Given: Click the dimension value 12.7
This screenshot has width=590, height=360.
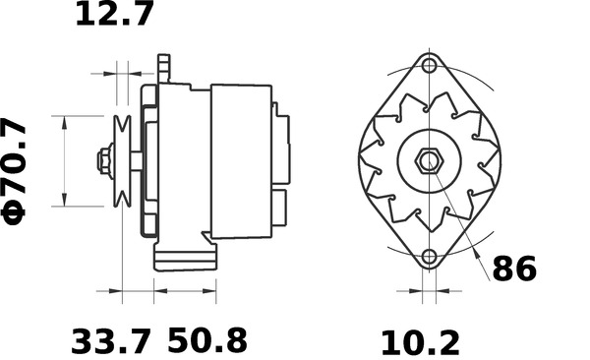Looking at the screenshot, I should click(115, 16).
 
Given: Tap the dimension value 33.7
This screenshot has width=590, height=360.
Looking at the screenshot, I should click(111, 341).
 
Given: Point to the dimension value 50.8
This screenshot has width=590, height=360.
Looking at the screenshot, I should click(207, 341).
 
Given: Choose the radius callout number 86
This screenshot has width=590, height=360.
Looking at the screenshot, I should click(514, 269).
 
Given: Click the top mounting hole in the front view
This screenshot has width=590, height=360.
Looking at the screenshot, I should click(428, 67).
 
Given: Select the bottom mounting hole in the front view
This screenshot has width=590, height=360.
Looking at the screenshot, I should click(428, 258).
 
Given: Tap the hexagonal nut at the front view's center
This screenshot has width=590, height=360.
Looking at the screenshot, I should click(428, 161).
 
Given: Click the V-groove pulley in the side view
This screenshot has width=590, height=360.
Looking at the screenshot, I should click(123, 161).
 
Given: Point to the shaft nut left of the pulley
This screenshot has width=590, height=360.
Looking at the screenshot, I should click(103, 161).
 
